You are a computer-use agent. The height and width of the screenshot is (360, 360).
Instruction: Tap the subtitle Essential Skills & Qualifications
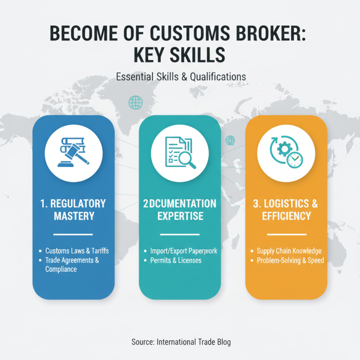click(x=181, y=76)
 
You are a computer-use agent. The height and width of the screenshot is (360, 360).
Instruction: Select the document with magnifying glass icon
click(x=180, y=153)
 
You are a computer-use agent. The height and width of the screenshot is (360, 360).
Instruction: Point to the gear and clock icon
click(x=286, y=153)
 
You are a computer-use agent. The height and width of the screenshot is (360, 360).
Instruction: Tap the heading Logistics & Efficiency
click(x=286, y=210)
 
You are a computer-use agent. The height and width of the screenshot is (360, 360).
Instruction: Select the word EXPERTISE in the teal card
click(x=180, y=216)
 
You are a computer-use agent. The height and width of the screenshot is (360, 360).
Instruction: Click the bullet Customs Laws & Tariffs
click(x=77, y=251)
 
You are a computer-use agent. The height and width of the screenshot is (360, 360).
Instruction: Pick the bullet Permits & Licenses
click(x=175, y=260)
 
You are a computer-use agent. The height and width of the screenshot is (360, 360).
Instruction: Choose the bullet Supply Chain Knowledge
click(x=288, y=251)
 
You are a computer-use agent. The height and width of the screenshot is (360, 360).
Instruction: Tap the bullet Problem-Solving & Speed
click(x=290, y=260)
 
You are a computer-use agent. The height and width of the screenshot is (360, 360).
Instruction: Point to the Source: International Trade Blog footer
click(x=181, y=342)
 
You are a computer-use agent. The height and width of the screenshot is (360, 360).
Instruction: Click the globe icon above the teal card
click(x=135, y=103)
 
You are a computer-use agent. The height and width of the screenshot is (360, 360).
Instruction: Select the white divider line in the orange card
click(x=286, y=234)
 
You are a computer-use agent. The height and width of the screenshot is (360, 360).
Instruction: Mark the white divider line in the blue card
click(x=73, y=234)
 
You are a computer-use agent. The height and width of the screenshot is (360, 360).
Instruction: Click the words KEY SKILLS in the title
click(x=180, y=55)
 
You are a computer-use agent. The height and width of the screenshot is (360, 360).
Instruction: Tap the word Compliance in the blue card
click(x=61, y=269)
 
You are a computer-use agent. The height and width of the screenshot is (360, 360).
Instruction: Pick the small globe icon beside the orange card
click(x=230, y=140)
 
